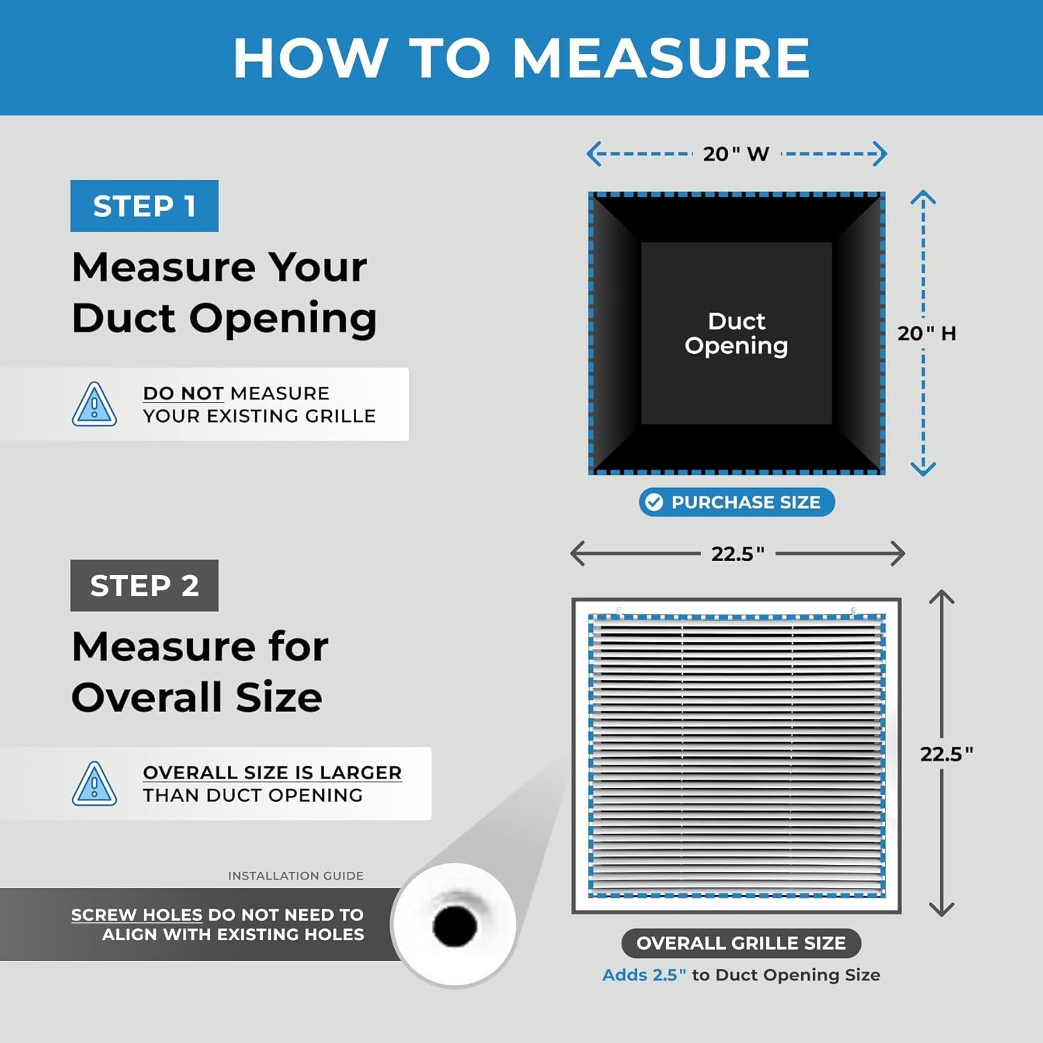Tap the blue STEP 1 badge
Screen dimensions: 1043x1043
click(144, 206)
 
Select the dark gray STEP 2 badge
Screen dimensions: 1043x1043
click(144, 585)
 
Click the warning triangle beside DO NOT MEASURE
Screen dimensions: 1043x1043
click(95, 405)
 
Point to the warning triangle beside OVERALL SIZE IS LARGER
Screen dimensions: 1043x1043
click(95, 784)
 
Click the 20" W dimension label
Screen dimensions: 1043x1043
click(736, 154)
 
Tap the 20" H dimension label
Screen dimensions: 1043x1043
click(927, 333)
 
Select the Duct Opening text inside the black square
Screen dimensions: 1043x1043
click(736, 333)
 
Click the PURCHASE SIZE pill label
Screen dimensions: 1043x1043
click(737, 502)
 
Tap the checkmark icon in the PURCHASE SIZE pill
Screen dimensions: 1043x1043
click(654, 502)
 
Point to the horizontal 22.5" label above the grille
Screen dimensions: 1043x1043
click(738, 553)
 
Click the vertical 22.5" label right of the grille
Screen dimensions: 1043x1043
click(946, 754)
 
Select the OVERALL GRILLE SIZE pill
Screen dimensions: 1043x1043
click(741, 943)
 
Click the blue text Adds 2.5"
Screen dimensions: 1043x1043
click(644, 975)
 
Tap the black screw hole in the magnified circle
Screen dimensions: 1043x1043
click(455, 925)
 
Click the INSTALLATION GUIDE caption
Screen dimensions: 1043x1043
click(296, 875)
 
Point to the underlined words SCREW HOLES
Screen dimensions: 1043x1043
click(136, 915)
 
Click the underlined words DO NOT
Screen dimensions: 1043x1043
click(183, 394)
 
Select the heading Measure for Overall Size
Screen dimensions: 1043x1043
click(200, 671)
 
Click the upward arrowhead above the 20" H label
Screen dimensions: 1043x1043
click(923, 197)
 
